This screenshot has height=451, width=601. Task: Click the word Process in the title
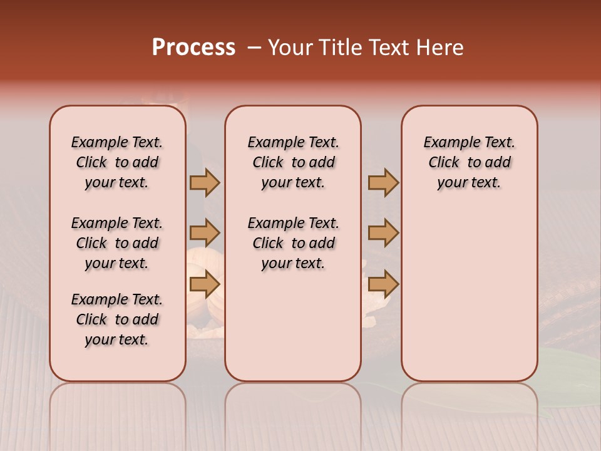pos(193,48)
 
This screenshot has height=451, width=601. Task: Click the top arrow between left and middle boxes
pos(205,182)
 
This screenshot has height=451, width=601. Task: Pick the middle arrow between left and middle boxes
pos(205,234)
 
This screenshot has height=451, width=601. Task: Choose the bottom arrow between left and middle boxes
pos(205,284)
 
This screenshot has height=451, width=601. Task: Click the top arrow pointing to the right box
pos(383,182)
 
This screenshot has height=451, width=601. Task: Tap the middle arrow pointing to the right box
pos(383,234)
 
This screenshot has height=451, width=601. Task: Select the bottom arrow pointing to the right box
pos(383,284)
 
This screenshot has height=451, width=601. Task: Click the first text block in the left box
pos(117,162)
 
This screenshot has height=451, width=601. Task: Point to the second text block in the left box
pos(117,243)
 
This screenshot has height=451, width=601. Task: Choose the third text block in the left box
pos(117,319)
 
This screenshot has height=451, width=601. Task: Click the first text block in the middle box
pos(293,162)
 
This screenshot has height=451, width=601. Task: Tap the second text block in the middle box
pos(293,243)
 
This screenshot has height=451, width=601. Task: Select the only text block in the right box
pos(469,162)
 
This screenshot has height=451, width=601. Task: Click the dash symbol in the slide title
pos(254,48)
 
